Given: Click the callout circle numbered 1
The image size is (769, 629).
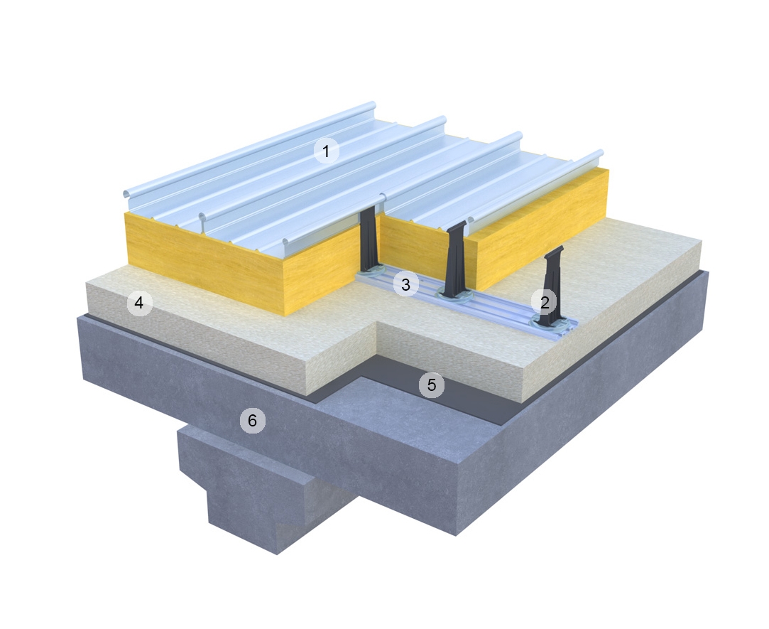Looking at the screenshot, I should click(326, 151).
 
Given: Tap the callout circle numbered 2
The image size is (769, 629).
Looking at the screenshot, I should click(545, 302).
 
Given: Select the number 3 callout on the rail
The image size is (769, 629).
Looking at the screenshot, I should click(405, 285).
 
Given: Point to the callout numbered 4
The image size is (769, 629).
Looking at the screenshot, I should click(139, 303).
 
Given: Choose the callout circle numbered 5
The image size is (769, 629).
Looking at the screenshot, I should click(431, 385).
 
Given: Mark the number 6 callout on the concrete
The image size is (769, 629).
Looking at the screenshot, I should click(251, 421).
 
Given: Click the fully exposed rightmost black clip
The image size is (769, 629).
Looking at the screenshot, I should click(550, 288).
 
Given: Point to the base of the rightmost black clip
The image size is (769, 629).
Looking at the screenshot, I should click(548, 323).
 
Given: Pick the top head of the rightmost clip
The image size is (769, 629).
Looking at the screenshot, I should click(554, 251).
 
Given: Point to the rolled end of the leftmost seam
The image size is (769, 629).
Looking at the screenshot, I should click(126, 194).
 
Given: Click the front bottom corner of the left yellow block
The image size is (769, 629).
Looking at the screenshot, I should click(284, 315).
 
